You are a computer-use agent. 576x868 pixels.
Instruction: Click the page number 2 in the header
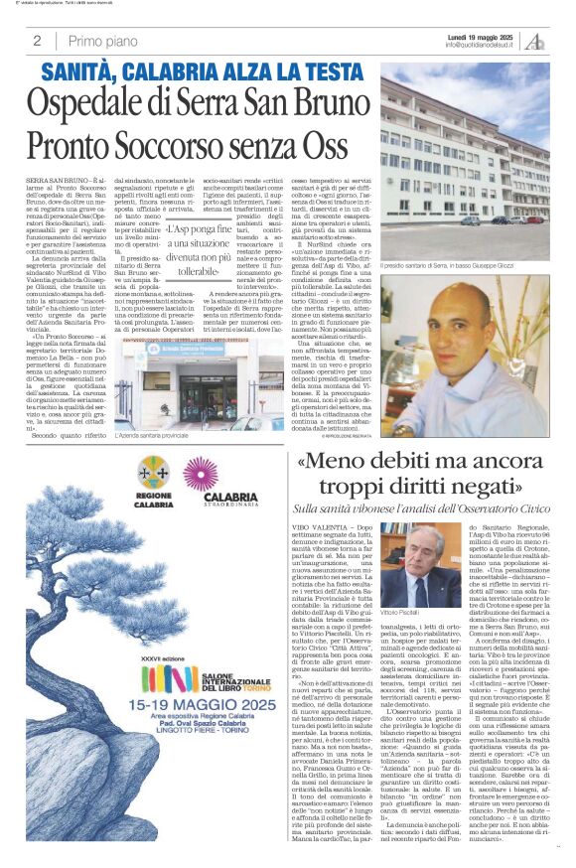37,41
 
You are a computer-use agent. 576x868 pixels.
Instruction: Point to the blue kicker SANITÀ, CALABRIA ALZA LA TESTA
202,72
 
